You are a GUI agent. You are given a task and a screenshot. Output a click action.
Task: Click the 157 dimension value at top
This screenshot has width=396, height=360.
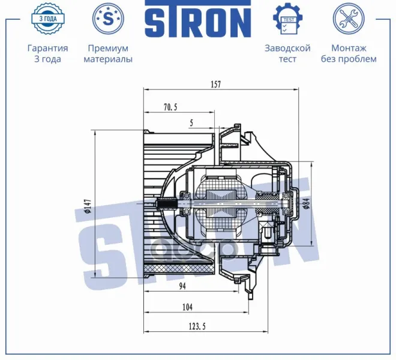tap(216, 84)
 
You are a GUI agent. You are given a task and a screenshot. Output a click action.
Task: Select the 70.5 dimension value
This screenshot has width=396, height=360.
tap(170, 107)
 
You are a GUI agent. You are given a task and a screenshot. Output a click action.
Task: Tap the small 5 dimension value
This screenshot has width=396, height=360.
tap(191, 123)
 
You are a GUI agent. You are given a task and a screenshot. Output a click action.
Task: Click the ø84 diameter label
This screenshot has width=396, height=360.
tap(307, 203)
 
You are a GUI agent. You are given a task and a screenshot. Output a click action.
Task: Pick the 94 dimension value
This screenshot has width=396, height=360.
tap(182, 286)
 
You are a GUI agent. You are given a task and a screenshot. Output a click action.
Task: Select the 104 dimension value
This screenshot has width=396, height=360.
tap(187, 307)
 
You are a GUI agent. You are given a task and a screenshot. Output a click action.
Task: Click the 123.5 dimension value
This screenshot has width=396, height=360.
tap(197, 326)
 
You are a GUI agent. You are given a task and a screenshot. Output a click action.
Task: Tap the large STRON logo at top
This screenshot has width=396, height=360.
tap(198, 19)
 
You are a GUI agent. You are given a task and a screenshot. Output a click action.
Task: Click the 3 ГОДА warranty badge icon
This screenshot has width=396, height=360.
tap(48, 19)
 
